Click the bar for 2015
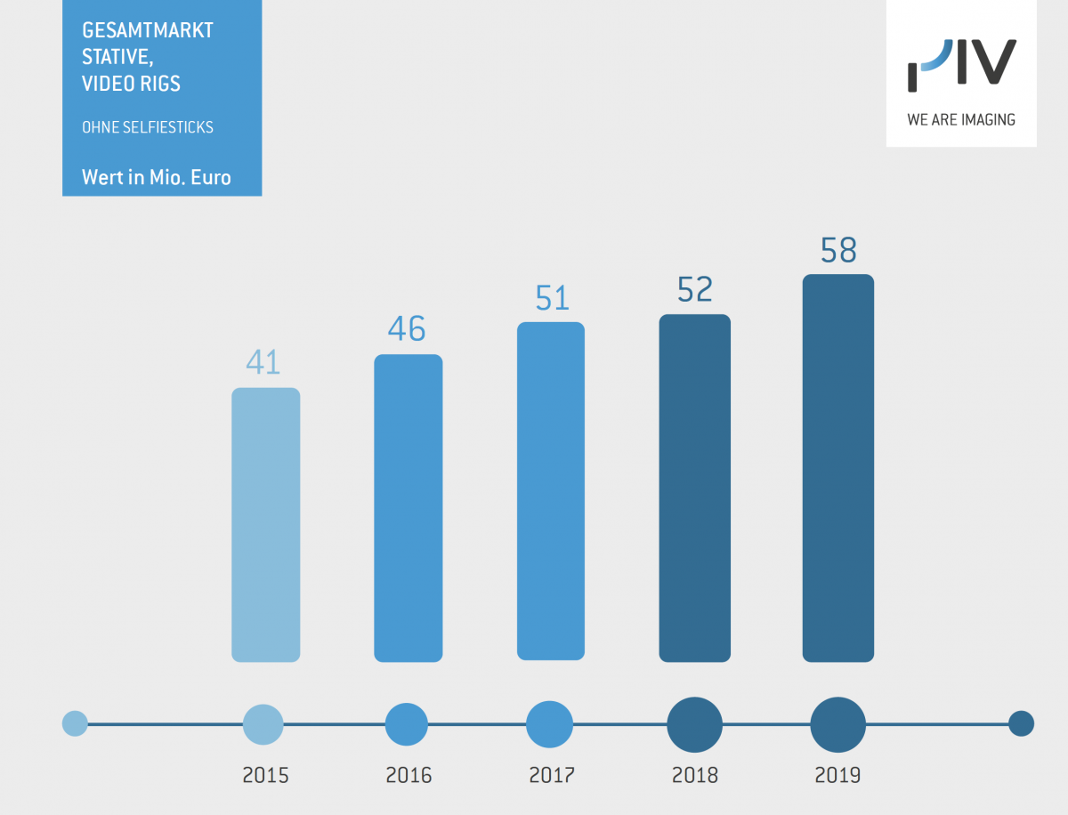pos(265,525)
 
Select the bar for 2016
pos(408,508)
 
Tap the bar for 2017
pos(550,491)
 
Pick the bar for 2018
pos(694,488)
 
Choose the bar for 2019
pos(837,468)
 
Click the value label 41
pos(263,363)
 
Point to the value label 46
pos(407,329)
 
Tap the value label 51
pos(552,298)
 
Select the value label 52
pos(695,289)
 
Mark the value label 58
pos(838,251)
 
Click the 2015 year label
pos(265,775)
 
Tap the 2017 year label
pos(552,775)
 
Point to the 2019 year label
pos(837,775)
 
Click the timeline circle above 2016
pos(407,724)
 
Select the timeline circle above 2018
pos(695,724)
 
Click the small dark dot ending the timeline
pos(1021,724)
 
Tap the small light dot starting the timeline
pos(75,723)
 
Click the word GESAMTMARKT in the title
pos(148,30)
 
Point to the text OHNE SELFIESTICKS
pos(148,127)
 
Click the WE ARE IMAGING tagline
pos(961,119)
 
